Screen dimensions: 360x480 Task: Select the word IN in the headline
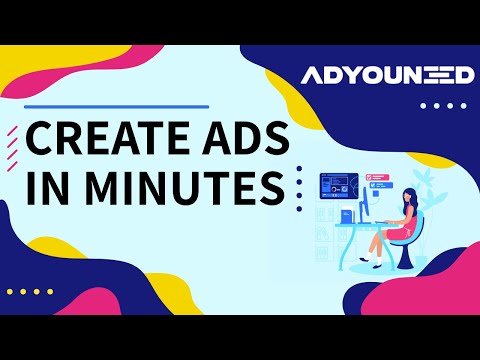coord(47,187)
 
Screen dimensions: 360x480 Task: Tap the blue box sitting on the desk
coord(345,216)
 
